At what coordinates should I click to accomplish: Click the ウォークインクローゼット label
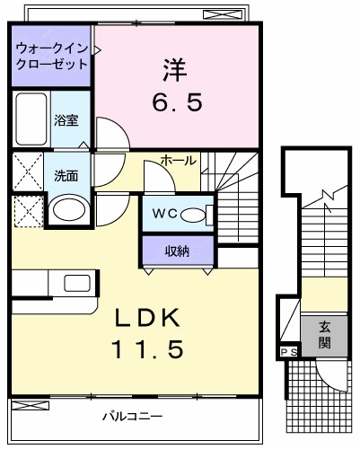tap(51, 55)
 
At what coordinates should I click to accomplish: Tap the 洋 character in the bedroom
tap(175, 67)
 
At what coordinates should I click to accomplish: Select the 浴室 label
tap(66, 119)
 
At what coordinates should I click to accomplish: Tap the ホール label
tap(179, 161)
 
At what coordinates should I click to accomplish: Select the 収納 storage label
tap(177, 251)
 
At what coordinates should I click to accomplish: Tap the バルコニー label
tap(131, 416)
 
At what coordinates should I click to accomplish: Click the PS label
tap(289, 351)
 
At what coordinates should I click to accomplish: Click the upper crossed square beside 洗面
tap(28, 171)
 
